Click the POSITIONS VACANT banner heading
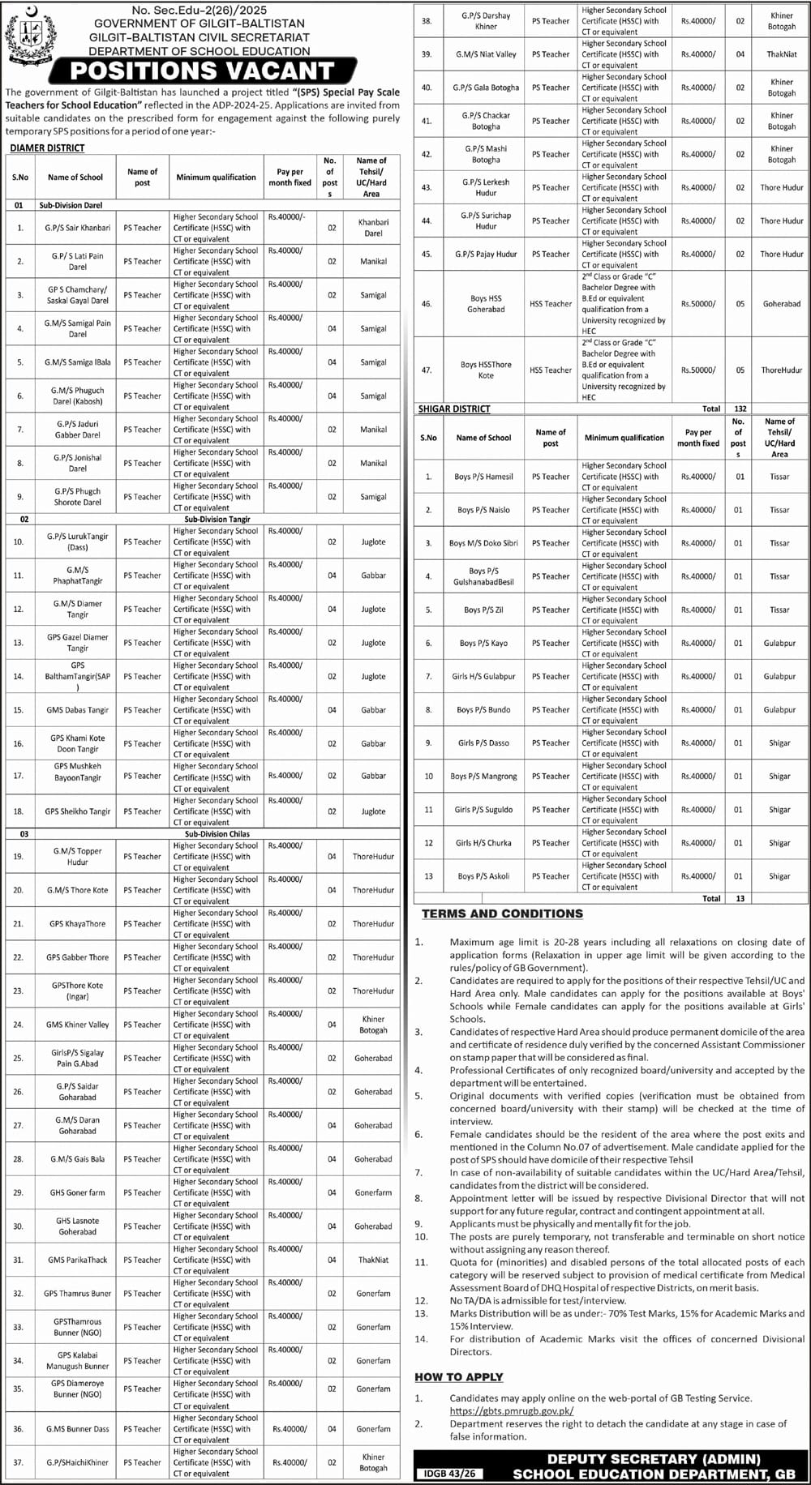tap(202, 71)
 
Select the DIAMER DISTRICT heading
tap(47, 148)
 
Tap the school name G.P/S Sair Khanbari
tap(78, 228)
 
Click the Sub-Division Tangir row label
tap(217, 519)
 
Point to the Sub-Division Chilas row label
tap(217, 833)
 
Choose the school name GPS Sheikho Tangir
tap(78, 811)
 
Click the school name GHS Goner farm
tap(78, 1192)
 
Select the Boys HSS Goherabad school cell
tap(486, 304)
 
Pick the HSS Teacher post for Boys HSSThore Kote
tap(551, 370)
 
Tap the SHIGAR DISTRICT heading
tap(454, 409)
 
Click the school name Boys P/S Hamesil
tap(483, 477)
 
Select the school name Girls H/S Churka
tap(483, 843)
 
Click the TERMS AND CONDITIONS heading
tap(502, 914)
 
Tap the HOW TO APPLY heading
tap(459, 1376)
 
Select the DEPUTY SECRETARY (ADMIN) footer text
tap(654, 1459)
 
